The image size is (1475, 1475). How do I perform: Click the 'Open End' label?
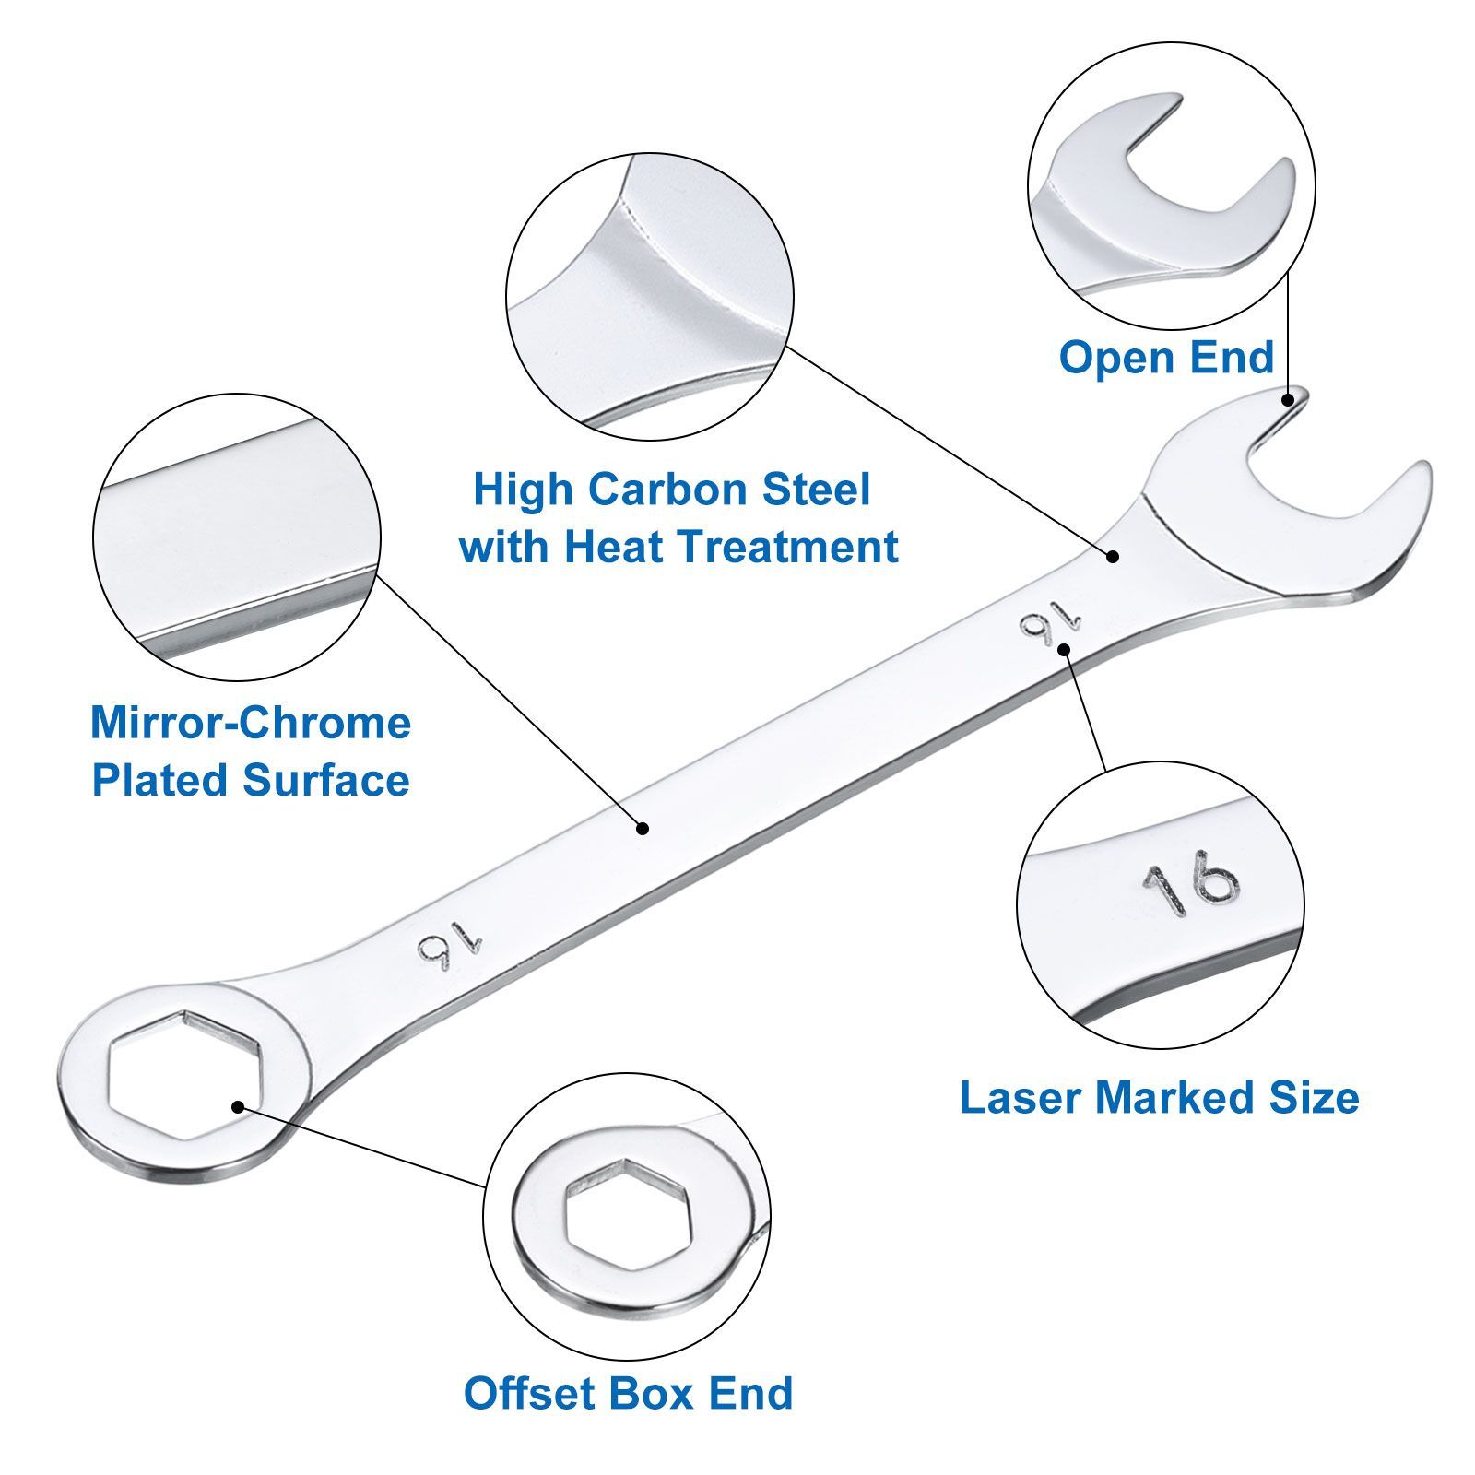[1166, 357]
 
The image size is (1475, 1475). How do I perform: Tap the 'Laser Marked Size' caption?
[1159, 1097]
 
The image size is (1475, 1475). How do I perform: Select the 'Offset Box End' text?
[628, 1392]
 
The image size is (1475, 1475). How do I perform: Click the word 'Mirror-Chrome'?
[251, 722]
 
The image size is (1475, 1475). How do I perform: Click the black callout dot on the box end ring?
[238, 1106]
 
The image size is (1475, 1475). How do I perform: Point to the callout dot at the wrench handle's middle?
[643, 829]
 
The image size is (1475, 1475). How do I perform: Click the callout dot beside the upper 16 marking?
[1064, 649]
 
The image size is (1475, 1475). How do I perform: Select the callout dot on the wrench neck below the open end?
[1113, 556]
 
